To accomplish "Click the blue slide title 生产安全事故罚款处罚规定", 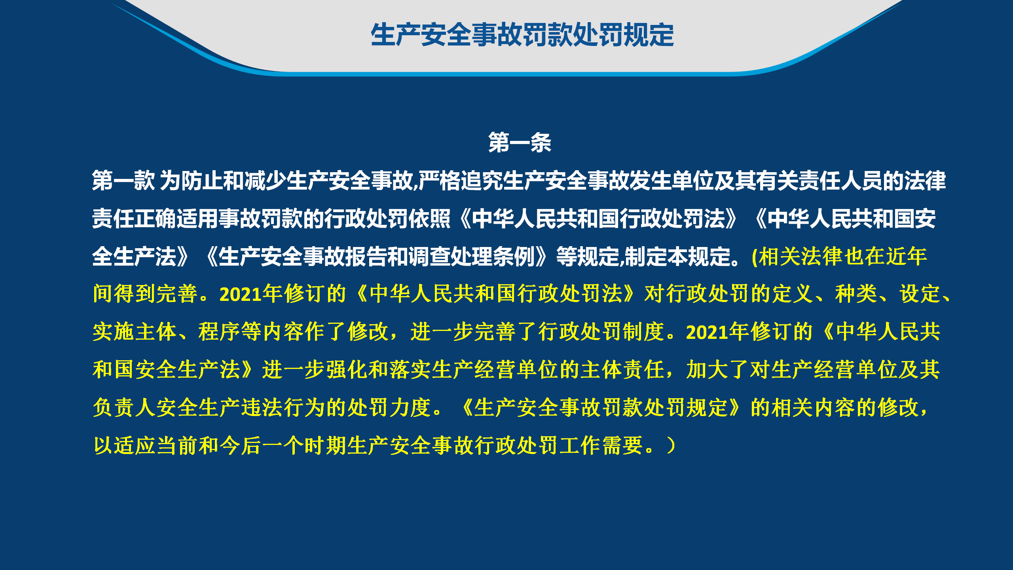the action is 522,35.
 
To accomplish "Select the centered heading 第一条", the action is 520,142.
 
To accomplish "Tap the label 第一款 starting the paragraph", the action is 123,181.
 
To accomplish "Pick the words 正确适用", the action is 176,218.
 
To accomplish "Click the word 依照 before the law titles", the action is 430,218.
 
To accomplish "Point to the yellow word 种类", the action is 856,294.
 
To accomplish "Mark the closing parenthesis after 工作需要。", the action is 670,446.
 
